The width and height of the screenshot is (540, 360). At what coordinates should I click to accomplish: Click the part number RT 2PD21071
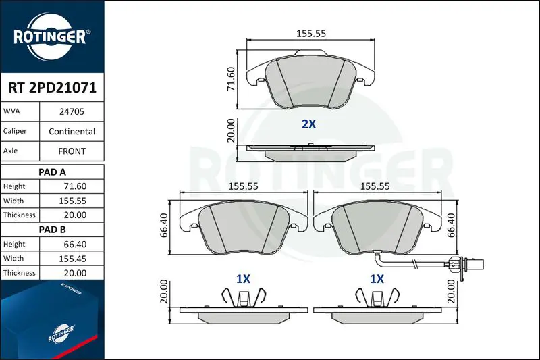coord(53,88)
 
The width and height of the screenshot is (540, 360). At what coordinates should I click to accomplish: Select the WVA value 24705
coord(72,111)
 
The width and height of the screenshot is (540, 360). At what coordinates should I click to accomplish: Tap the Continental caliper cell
coord(72,131)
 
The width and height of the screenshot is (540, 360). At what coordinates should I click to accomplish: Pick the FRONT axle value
coord(72,151)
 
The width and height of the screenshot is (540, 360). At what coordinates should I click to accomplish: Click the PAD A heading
coord(53,172)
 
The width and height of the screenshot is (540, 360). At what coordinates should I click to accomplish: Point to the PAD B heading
coord(53,230)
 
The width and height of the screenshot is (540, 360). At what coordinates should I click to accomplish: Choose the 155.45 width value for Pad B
coord(73,259)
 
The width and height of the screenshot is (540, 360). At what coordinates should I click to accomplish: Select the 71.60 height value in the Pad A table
coord(75,186)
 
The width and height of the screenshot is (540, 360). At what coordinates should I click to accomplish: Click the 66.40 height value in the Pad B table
coord(75,244)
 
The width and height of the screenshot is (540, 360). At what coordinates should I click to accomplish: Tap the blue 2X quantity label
coord(308,124)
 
